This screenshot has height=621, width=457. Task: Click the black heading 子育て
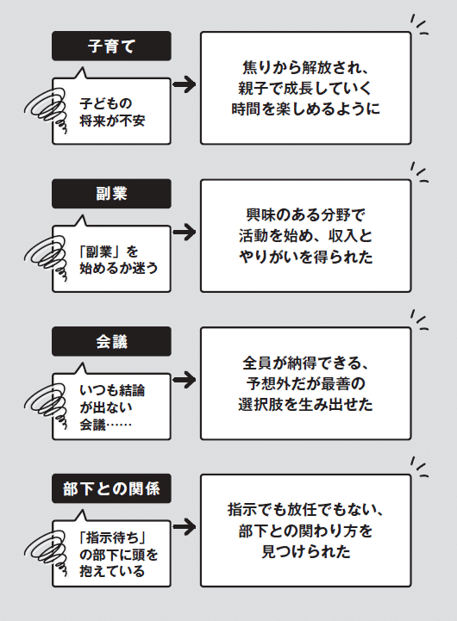click(111, 46)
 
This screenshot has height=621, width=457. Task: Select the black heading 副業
click(111, 194)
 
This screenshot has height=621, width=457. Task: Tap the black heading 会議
click(111, 341)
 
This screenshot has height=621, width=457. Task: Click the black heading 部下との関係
click(111, 488)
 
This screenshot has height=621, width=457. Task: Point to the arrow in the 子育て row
click(185, 84)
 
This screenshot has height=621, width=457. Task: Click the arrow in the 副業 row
click(185, 232)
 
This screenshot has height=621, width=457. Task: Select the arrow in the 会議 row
click(185, 380)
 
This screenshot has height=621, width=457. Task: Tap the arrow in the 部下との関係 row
click(185, 527)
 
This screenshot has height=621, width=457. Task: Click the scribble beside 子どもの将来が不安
click(46, 109)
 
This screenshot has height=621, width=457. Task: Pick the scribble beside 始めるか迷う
click(46, 257)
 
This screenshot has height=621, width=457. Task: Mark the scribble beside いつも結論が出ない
click(46, 404)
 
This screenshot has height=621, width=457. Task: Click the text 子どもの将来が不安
click(112, 112)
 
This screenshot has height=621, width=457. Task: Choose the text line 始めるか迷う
click(118, 268)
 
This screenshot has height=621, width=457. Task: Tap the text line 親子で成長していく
click(304, 88)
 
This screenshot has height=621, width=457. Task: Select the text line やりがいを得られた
click(305, 257)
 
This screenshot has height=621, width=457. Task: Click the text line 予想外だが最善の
click(305, 383)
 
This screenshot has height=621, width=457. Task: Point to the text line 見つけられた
click(305, 552)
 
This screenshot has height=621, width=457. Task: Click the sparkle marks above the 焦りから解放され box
click(419, 25)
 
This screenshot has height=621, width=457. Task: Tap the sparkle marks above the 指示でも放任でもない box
click(419, 467)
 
